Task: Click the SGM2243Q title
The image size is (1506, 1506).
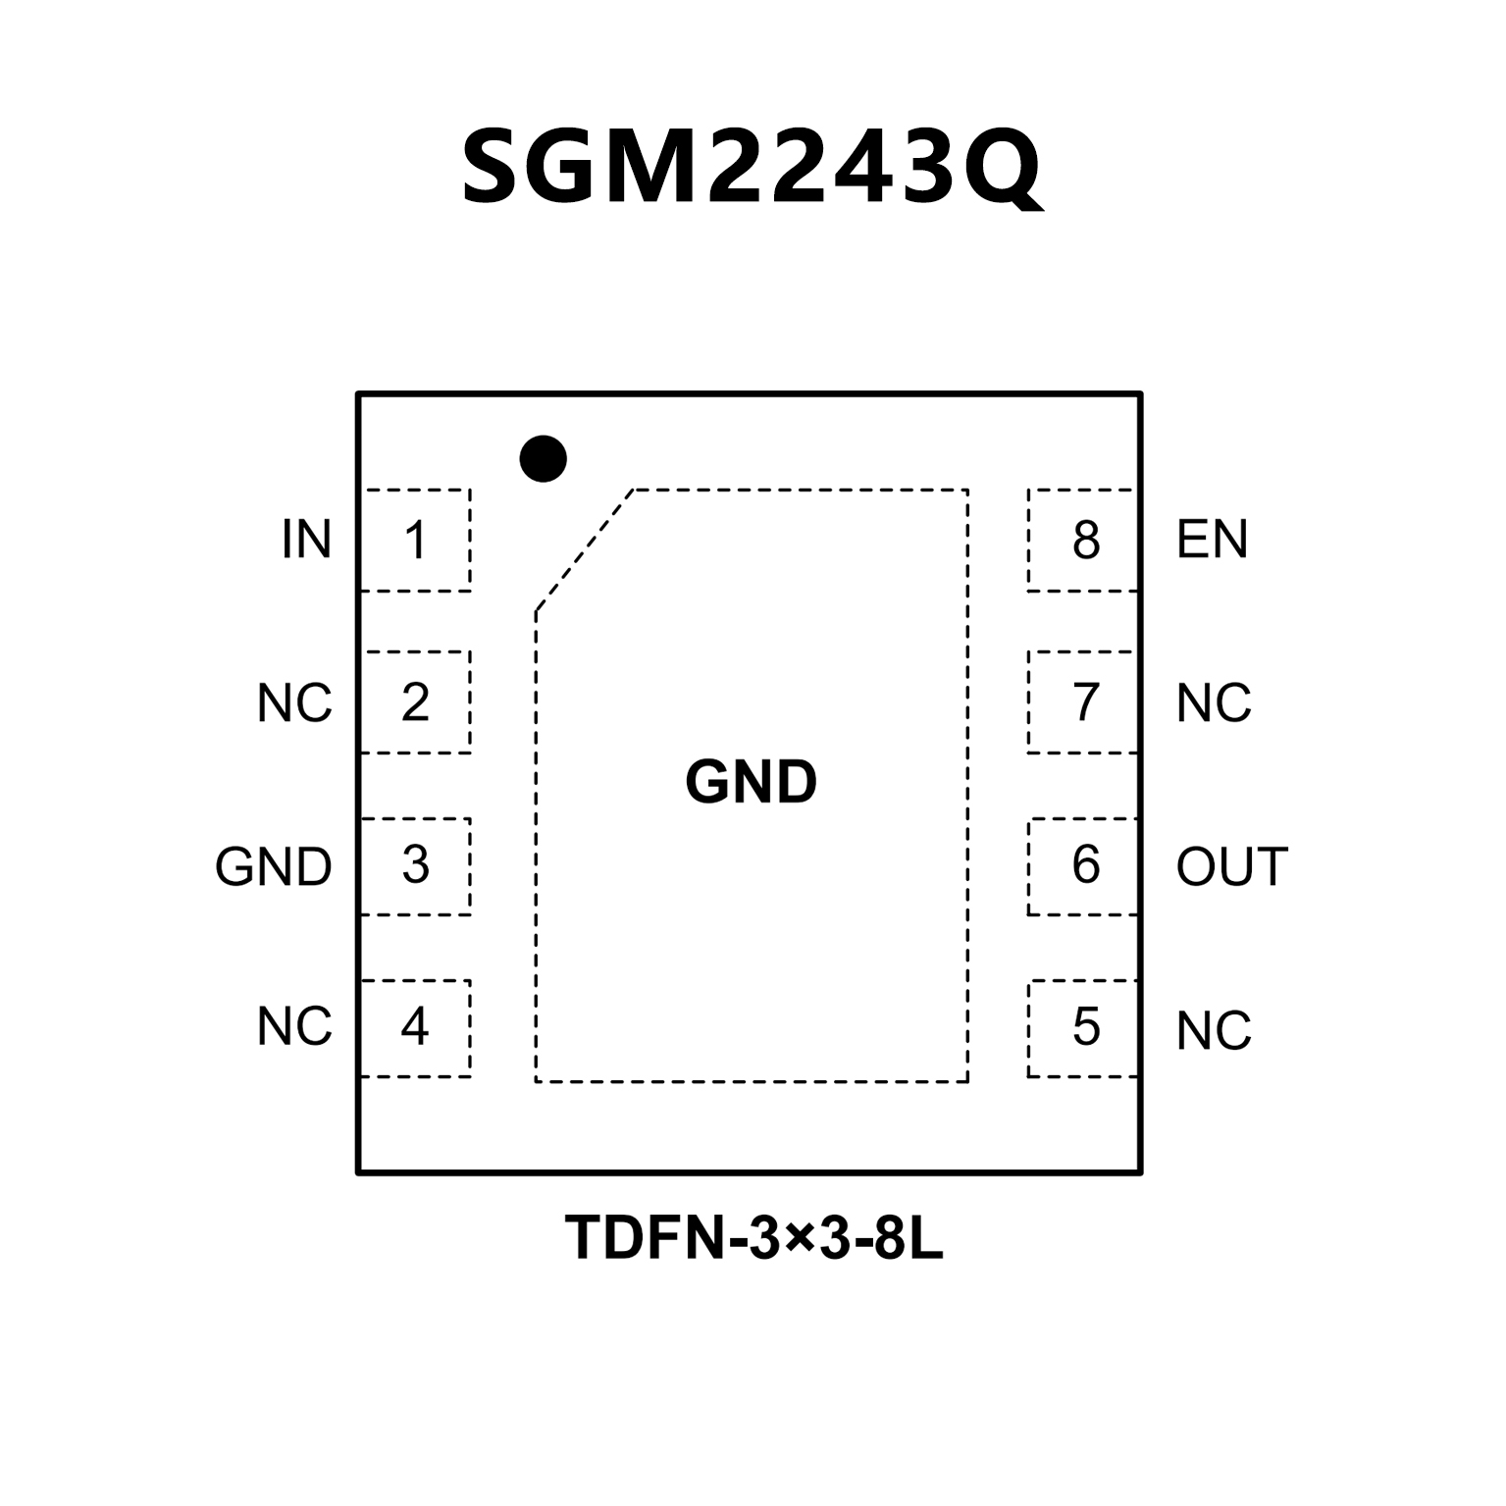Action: coord(752,168)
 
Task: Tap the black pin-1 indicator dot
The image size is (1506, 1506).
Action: coord(543,458)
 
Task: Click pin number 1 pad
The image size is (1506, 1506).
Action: coord(416,541)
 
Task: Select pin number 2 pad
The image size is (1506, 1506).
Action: coord(416,702)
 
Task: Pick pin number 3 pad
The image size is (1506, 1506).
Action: coord(416,865)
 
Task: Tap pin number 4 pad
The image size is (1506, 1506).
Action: coord(416,1027)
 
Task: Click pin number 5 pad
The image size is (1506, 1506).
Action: coord(1085,1027)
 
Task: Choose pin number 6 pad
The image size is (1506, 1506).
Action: coord(1085,865)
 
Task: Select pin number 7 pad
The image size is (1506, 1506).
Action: coord(1085,702)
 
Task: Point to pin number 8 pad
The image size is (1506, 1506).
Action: coord(1085,541)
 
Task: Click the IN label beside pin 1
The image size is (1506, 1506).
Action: coord(306,541)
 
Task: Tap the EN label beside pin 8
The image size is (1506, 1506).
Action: coord(1212,541)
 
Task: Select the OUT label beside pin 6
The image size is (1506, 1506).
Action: coord(1231,867)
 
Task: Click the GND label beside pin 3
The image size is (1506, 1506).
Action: coord(274,867)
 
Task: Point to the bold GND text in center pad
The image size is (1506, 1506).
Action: coord(751,783)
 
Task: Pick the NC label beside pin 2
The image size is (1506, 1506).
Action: coord(294,703)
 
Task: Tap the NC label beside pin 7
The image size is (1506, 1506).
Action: coord(1214,703)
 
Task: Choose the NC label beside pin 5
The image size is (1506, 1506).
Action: coord(1214,1031)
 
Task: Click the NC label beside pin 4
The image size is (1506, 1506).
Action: coord(294,1027)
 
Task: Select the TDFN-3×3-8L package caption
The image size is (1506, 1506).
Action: coord(753,1238)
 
